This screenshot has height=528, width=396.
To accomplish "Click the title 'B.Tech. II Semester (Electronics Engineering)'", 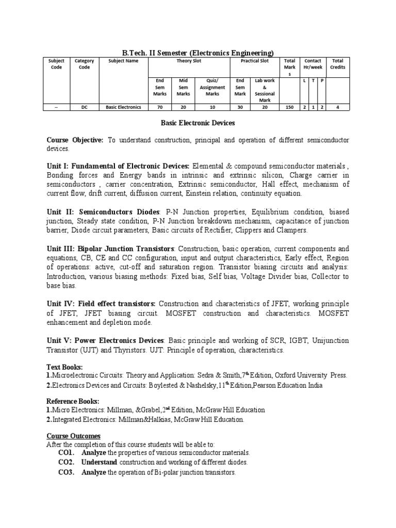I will [x=197, y=53].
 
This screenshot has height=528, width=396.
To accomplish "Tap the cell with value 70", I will [x=159, y=107].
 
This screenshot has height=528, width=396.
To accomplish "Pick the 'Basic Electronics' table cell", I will [x=123, y=107].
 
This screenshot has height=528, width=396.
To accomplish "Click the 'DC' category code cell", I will [x=84, y=107].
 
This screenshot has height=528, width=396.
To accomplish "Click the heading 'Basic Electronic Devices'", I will [x=197, y=123].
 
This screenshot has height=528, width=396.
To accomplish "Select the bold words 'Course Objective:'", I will [x=75, y=140].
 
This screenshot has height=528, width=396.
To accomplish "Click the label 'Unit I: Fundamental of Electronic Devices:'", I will [x=118, y=167].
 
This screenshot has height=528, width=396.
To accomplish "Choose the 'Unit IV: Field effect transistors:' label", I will [x=101, y=304].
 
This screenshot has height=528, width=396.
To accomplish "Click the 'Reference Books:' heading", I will [x=73, y=401].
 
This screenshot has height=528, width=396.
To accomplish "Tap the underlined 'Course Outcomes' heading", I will [x=74, y=436].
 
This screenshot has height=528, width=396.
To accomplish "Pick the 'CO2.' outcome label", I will [x=67, y=462].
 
